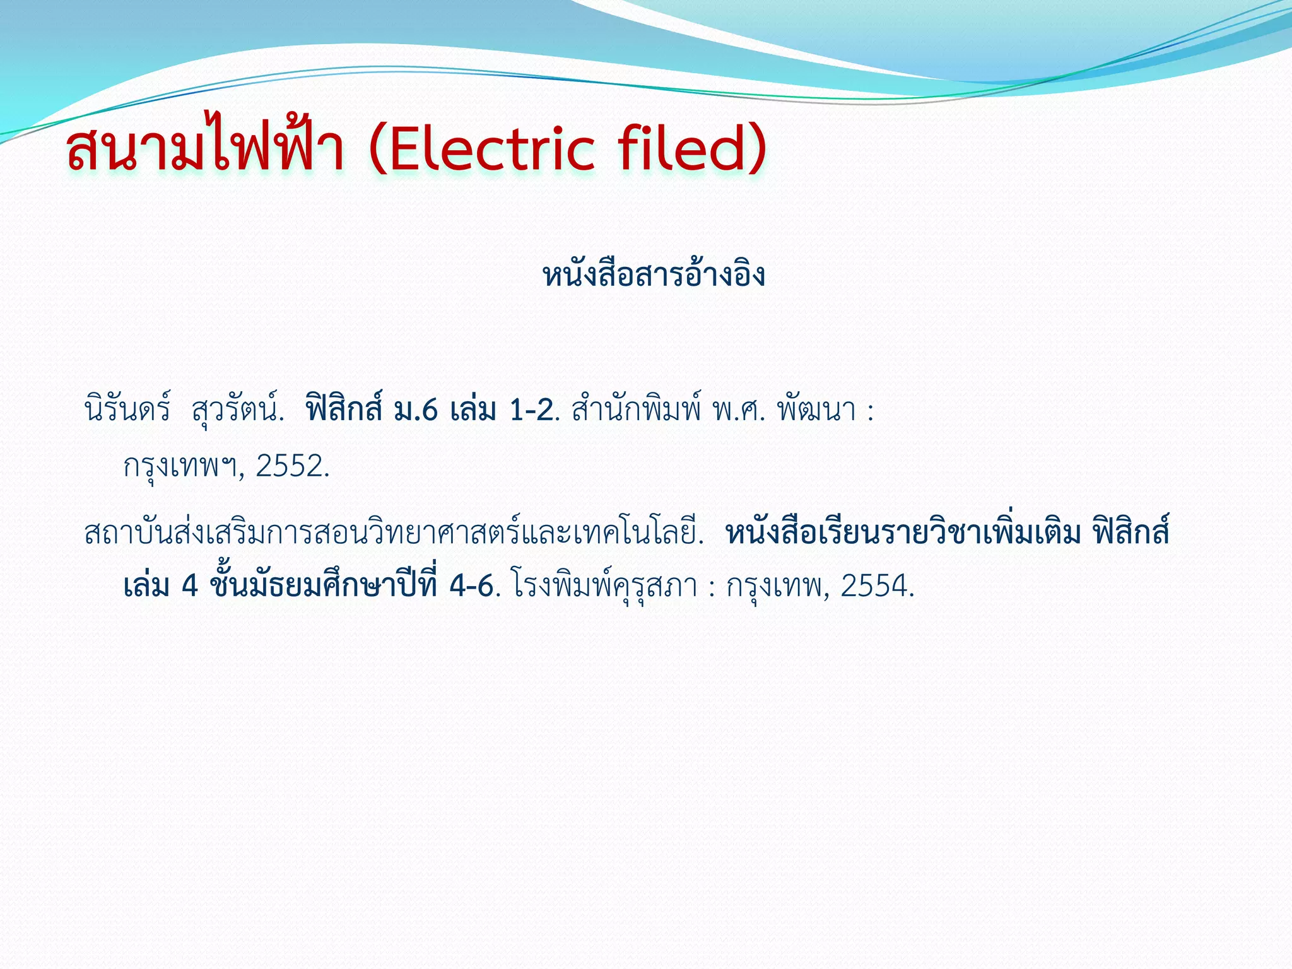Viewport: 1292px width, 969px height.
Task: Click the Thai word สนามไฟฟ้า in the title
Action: click(205, 149)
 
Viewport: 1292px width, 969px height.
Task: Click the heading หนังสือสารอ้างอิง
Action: click(654, 275)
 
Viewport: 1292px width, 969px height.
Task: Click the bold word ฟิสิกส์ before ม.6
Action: click(344, 409)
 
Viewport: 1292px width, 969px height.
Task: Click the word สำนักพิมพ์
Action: click(636, 411)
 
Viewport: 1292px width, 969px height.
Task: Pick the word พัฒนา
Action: click(816, 411)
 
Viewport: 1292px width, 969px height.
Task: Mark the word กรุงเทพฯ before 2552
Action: click(179, 467)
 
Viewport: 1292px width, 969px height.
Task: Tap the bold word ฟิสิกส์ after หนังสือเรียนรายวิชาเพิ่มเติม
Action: click(1132, 532)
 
